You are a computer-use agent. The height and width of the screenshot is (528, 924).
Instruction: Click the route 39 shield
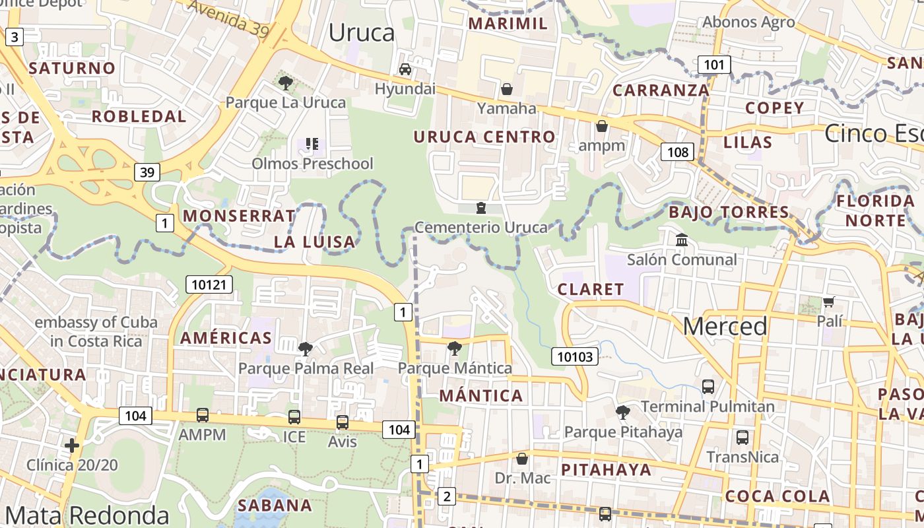tap(147, 172)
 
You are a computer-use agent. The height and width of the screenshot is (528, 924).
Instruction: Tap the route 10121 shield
tap(209, 284)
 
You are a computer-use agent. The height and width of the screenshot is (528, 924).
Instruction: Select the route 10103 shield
tap(575, 357)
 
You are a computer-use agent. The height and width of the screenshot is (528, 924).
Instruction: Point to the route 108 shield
tap(677, 152)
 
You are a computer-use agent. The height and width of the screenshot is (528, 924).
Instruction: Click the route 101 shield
tap(713, 65)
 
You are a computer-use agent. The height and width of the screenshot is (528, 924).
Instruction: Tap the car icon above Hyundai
tap(405, 69)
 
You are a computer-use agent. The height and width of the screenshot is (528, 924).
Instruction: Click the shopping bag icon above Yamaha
tap(507, 89)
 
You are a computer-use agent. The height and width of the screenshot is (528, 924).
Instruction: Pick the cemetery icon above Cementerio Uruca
tap(481, 209)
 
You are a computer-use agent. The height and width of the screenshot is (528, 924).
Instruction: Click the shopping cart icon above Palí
tap(829, 302)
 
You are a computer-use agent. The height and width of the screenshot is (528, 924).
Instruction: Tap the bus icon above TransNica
tap(742, 438)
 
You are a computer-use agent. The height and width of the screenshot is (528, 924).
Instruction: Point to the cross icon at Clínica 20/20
tap(72, 445)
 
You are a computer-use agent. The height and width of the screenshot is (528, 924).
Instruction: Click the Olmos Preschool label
tap(312, 163)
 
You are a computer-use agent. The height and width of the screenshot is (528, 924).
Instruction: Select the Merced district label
tap(725, 326)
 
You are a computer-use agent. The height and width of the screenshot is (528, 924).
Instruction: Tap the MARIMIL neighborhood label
tap(508, 24)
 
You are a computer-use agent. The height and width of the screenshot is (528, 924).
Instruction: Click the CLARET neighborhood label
tap(591, 289)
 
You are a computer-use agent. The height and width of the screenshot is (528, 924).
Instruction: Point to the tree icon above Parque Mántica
tap(455, 348)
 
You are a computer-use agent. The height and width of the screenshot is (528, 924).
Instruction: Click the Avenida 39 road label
tap(228, 17)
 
